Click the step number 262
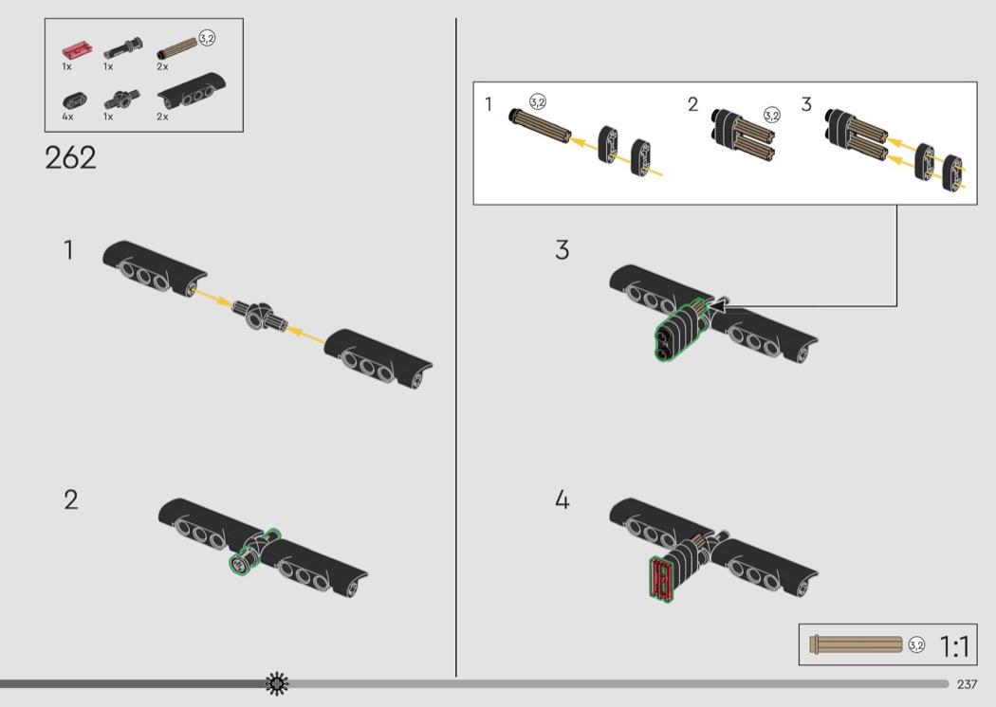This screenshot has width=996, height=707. pyautogui.click(x=70, y=157)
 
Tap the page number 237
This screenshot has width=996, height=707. pyautogui.click(x=967, y=684)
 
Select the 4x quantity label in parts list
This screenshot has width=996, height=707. pyautogui.click(x=68, y=117)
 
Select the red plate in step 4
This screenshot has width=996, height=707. pyautogui.click(x=661, y=579)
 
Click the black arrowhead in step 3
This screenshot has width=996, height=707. pyautogui.click(x=717, y=308)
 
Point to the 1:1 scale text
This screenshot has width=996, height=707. pyautogui.click(x=954, y=646)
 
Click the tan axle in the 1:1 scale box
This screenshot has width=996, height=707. pyautogui.click(x=856, y=644)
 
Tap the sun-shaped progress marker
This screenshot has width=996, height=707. pyautogui.click(x=277, y=683)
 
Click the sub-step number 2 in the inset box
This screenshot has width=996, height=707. pyautogui.click(x=693, y=104)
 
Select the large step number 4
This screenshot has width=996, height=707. pyautogui.click(x=563, y=499)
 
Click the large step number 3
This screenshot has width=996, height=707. pyautogui.click(x=563, y=250)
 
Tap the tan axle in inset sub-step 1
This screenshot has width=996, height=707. pyautogui.click(x=540, y=126)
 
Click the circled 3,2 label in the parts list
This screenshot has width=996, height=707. pyautogui.click(x=207, y=38)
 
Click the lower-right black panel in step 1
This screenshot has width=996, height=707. pyautogui.click(x=378, y=358)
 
